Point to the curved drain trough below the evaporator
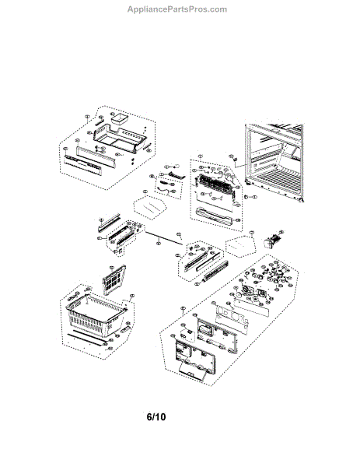[x=218, y=214]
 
